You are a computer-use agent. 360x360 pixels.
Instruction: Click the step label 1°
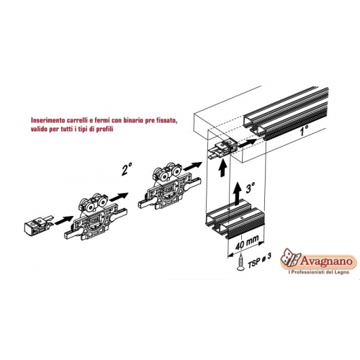click(304, 131)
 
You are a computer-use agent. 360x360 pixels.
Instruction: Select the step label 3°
click(251, 188)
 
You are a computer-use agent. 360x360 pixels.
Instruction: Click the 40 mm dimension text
click(248, 243)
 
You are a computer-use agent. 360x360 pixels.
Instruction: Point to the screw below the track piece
click(240, 264)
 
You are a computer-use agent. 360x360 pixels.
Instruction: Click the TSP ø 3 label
click(259, 261)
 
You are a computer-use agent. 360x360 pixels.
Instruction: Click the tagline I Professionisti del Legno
click(318, 272)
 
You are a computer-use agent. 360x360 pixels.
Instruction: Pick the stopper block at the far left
click(38, 224)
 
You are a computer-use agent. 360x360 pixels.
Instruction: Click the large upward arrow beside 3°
click(238, 194)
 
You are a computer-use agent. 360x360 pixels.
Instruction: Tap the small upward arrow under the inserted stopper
click(223, 168)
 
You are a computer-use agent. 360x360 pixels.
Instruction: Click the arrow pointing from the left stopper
click(63, 220)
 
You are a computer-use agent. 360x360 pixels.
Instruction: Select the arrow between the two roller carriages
click(118, 197)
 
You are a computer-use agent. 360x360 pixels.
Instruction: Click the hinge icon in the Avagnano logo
click(290, 258)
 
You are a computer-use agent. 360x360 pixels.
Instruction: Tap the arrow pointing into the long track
click(247, 143)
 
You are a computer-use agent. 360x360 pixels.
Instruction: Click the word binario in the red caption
click(134, 120)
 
